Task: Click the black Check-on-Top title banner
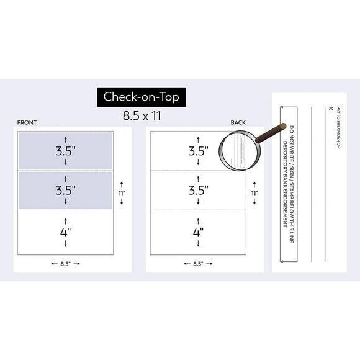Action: [x=140, y=97]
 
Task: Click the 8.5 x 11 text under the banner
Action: [x=140, y=115]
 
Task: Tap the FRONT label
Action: [x=27, y=123]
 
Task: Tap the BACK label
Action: [x=238, y=123]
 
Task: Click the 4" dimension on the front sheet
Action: [x=66, y=232]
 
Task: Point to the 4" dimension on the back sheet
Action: [x=198, y=232]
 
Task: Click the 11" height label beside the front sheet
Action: [x=122, y=193]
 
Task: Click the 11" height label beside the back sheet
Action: [x=254, y=193]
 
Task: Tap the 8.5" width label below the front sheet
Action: [x=66, y=264]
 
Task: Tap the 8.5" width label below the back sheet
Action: [x=198, y=264]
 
